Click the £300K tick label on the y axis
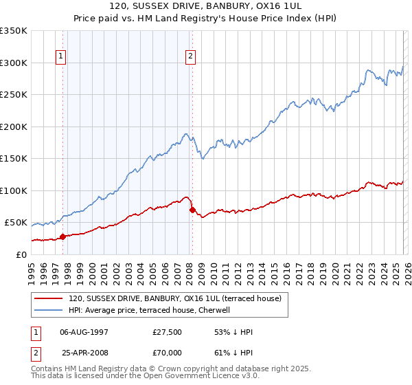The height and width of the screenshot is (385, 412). tap(14, 63)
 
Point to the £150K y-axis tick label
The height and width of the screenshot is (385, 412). tap(14, 158)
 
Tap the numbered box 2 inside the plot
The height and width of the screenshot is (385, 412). tap(190, 57)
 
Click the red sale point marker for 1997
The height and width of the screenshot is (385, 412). tap(62, 236)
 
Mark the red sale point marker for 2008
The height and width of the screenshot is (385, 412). tap(192, 210)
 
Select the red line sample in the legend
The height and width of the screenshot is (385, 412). tap(49, 298)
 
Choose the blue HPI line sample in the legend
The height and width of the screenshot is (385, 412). tap(49, 311)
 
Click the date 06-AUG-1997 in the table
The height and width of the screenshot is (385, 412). tap(85, 331)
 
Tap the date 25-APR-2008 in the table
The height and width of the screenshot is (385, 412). tap(85, 353)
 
